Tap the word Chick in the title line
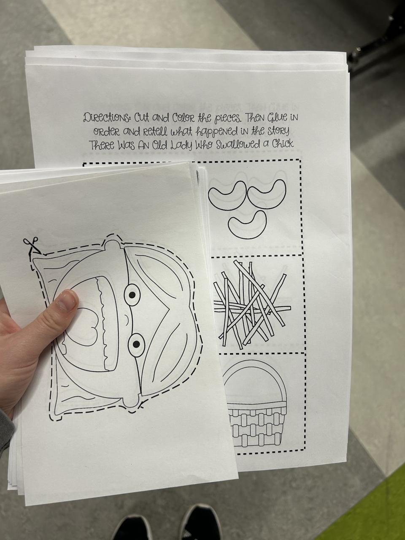pos(282,144)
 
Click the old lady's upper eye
pos(132,294)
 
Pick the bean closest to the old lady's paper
pos(227,196)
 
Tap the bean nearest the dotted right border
pos(267,194)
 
